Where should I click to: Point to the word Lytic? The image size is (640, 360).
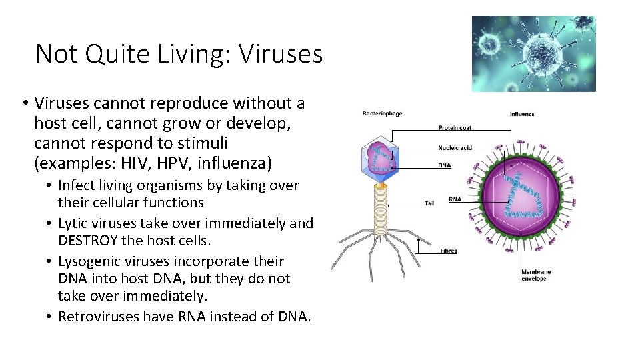point(73,223)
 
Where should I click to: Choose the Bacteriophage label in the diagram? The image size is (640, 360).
point(382,114)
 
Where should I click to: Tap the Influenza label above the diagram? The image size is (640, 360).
point(522,114)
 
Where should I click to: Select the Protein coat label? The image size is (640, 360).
point(456,127)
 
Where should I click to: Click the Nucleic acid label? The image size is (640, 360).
point(455,147)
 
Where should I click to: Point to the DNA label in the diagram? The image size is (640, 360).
point(444,166)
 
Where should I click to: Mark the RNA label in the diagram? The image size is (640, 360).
point(455,199)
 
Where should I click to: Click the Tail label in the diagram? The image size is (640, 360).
point(429,203)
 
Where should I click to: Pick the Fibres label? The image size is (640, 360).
point(449,251)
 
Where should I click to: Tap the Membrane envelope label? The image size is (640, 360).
point(537,275)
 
